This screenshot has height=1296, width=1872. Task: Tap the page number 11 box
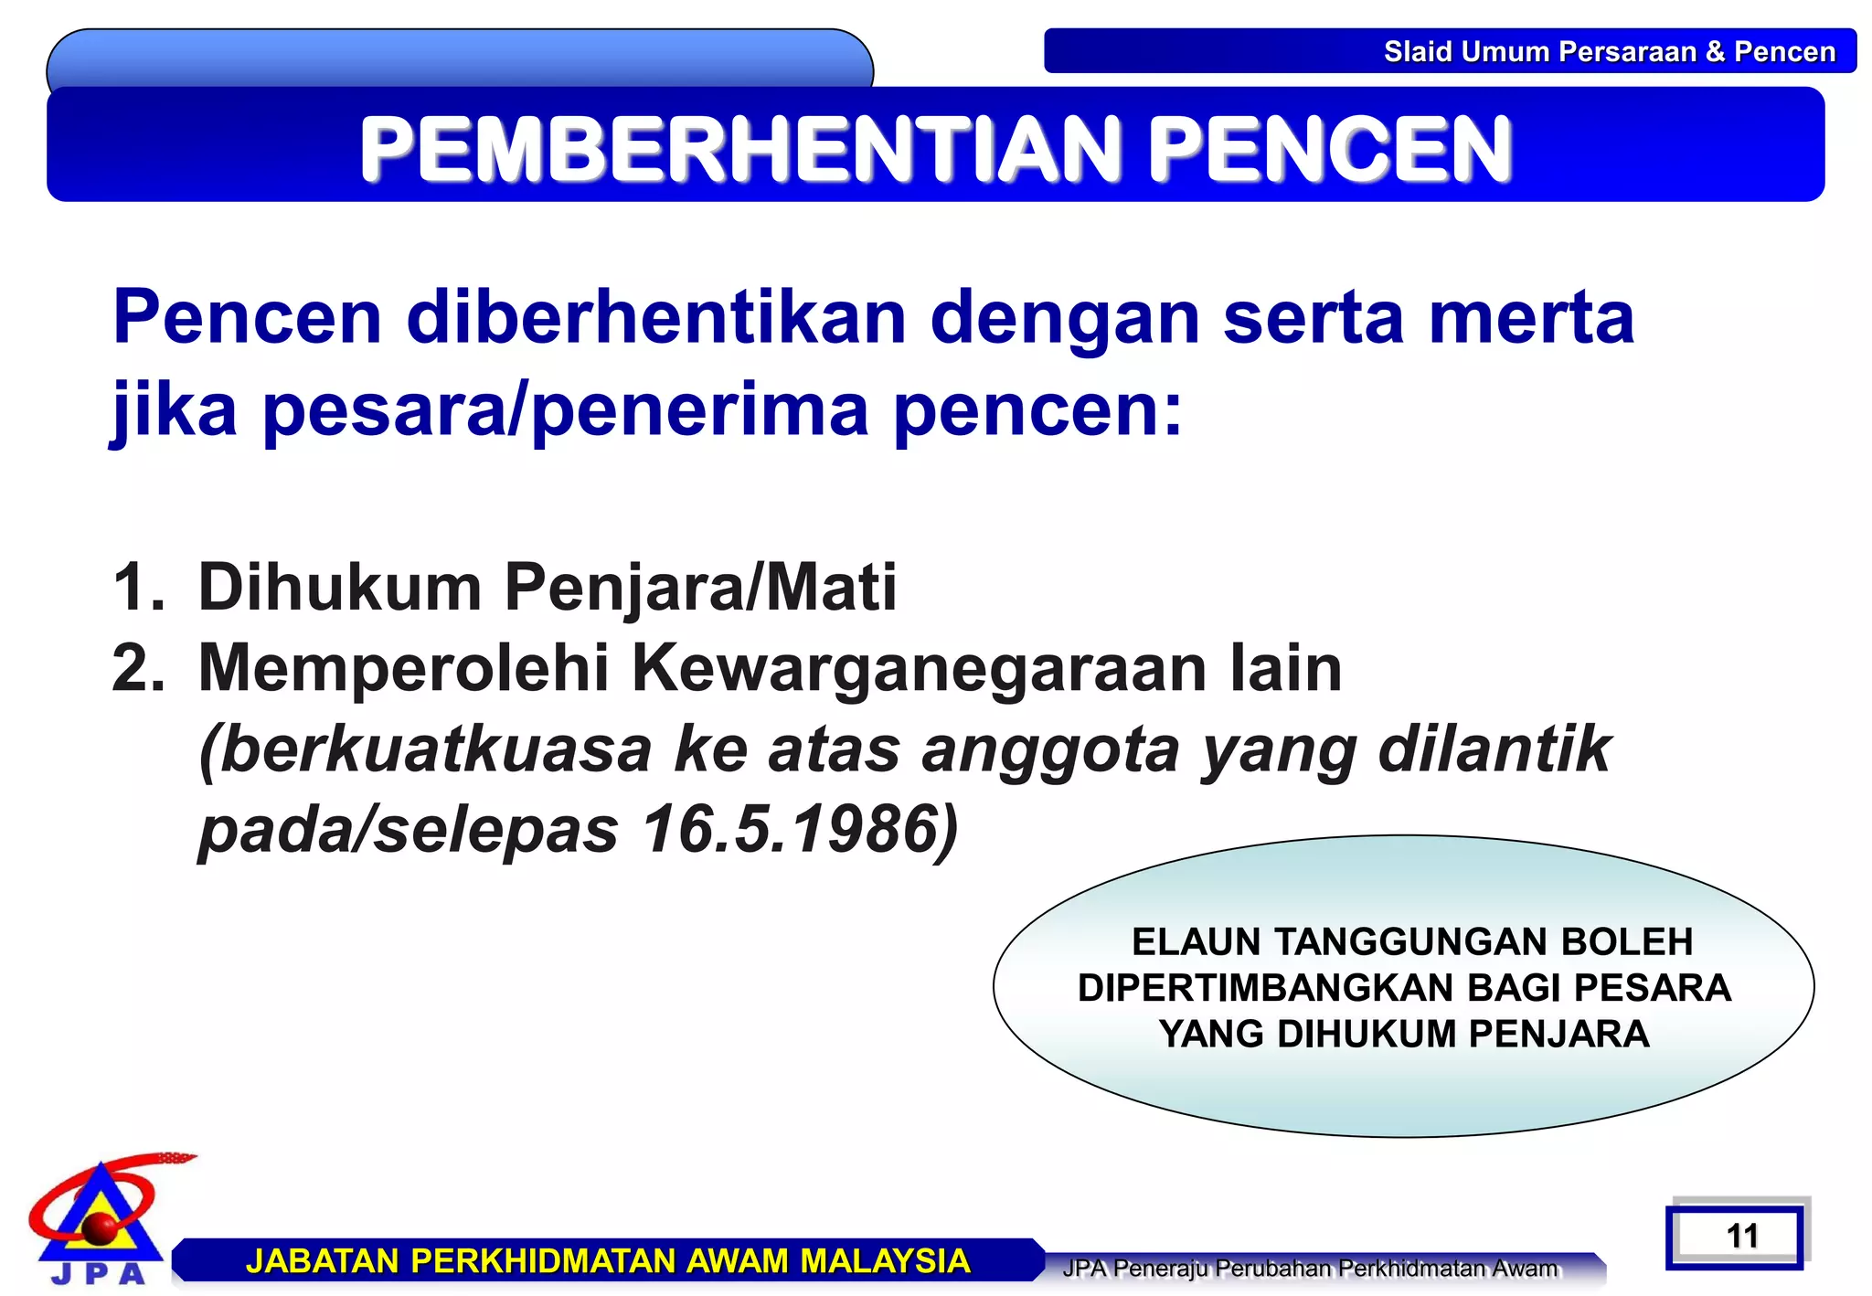pyautogui.click(x=1741, y=1237)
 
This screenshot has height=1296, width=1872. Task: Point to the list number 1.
pyautogui.click(x=137, y=587)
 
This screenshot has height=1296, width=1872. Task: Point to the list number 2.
pyautogui.click(x=137, y=668)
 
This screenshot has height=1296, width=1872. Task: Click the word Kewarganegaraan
pyautogui.click(x=920, y=668)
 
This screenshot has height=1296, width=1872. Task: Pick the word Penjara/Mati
pyautogui.click(x=700, y=587)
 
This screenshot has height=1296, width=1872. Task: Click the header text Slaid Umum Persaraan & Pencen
pyautogui.click(x=1609, y=51)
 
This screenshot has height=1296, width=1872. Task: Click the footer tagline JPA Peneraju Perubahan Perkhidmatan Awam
pyautogui.click(x=1310, y=1269)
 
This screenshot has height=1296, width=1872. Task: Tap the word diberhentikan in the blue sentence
pyautogui.click(x=656, y=317)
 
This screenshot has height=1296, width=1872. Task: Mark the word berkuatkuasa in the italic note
pyautogui.click(x=425, y=749)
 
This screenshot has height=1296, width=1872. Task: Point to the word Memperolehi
pyautogui.click(x=403, y=668)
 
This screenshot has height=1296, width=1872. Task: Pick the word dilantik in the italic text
pyautogui.click(x=1494, y=749)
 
